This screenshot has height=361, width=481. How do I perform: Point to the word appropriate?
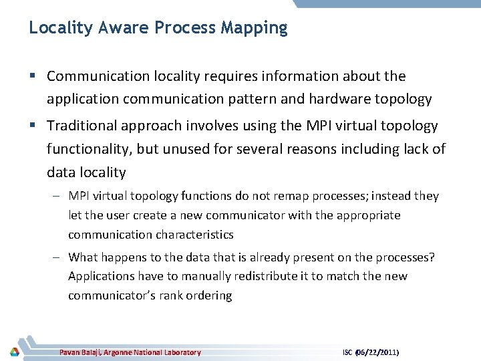click(367, 215)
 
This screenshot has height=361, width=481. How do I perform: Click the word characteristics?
click(194, 235)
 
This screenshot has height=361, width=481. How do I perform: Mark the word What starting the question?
click(84, 257)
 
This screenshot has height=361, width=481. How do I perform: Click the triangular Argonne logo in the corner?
click(14, 352)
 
